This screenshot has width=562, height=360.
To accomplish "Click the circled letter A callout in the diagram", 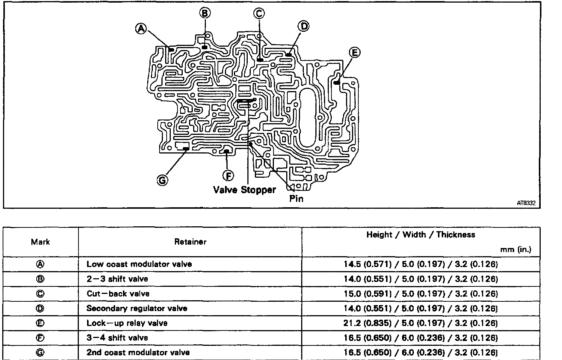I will (x=141, y=29).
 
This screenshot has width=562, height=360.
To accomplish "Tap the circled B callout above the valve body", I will (x=205, y=13).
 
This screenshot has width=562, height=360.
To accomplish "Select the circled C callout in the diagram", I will (x=259, y=13).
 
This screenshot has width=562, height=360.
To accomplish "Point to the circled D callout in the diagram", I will (x=303, y=26).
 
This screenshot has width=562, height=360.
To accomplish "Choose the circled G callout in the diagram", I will (x=162, y=180).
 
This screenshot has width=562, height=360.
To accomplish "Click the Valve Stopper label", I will (x=244, y=190).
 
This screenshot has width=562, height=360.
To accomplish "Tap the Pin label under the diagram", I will (x=296, y=198).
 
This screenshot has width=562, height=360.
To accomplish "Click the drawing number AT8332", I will (x=526, y=203).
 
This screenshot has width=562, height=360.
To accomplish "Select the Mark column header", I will (x=40, y=242).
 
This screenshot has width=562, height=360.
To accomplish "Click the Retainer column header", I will (x=190, y=242).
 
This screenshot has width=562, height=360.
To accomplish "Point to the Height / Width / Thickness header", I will (x=420, y=235).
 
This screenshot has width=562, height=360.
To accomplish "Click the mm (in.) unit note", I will (x=516, y=249).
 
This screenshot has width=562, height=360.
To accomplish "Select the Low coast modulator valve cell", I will (x=139, y=264).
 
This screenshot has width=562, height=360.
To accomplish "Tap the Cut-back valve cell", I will (x=118, y=294).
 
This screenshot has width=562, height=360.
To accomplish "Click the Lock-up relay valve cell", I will (x=127, y=323).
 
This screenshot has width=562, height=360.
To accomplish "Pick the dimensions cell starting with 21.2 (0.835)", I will (x=420, y=323).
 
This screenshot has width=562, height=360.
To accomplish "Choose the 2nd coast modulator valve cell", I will (x=138, y=352).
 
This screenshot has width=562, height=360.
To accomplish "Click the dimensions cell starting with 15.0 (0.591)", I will (x=420, y=294).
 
